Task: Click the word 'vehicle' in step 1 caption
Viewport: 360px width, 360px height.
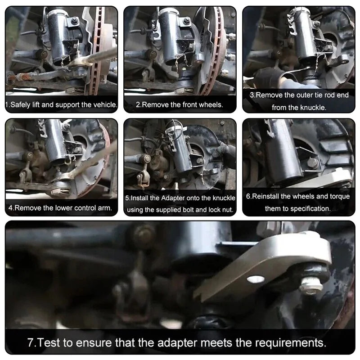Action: (x=104, y=105)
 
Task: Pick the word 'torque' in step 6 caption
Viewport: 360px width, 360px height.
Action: (x=340, y=197)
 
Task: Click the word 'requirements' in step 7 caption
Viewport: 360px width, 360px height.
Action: (x=291, y=343)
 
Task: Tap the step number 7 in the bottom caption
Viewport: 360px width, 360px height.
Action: (x=31, y=342)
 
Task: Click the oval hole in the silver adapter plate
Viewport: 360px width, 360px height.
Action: (x=256, y=279)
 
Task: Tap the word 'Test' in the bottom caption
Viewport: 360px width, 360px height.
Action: (x=48, y=342)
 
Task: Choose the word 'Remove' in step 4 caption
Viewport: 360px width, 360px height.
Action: (x=28, y=208)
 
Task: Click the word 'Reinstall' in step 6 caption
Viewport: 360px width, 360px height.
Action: (x=265, y=197)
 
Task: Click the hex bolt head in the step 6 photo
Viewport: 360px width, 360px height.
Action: (x=312, y=163)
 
